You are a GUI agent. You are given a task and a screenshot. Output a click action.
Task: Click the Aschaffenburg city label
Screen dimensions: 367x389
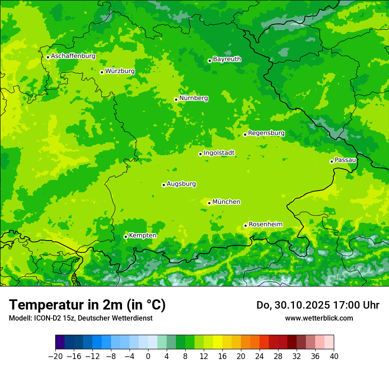click(73, 56)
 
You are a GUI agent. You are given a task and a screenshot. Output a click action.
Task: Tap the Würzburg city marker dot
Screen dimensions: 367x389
click(102, 72)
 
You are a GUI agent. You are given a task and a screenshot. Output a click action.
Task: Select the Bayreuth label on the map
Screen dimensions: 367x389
click(227, 59)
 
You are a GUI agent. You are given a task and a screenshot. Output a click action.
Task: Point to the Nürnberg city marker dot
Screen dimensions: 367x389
click(176, 99)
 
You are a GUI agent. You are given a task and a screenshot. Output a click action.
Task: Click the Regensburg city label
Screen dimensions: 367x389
click(266, 133)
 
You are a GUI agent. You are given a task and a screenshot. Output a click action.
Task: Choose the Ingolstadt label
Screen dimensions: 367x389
click(219, 153)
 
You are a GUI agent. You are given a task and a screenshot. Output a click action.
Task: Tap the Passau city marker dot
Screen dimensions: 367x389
click(332, 161)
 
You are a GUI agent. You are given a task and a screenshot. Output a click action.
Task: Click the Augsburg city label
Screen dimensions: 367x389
click(181, 183)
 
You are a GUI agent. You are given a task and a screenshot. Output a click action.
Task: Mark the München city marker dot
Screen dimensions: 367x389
click(209, 203)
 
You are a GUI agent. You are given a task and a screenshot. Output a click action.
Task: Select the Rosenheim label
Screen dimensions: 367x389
click(265, 224)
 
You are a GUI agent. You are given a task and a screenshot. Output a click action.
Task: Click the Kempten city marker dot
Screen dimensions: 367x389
click(126, 237)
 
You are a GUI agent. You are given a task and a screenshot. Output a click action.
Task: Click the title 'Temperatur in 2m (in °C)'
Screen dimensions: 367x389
click(87, 305)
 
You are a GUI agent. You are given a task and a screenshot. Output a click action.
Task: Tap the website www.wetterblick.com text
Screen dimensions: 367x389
click(319, 318)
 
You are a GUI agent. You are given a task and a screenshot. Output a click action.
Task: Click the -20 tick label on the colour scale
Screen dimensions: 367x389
click(55, 356)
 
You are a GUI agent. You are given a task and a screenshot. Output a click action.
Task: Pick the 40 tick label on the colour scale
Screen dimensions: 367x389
click(334, 356)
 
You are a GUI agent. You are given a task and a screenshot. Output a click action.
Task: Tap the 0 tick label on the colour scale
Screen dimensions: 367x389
click(148, 356)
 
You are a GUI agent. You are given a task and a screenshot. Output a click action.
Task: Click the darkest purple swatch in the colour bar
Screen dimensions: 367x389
click(60, 342)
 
